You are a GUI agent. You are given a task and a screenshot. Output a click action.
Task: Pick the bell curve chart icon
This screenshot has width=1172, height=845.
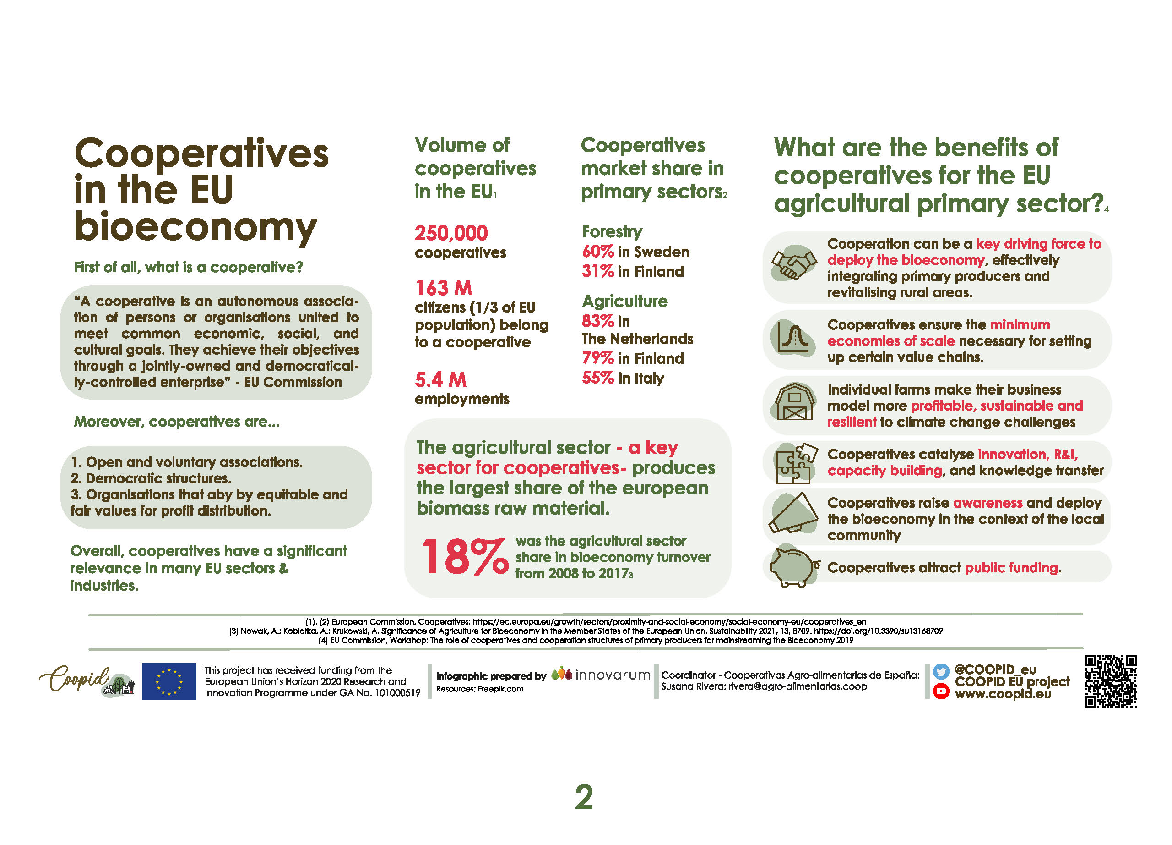[794, 339]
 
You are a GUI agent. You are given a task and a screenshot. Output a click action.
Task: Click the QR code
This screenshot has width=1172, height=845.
[1111, 680]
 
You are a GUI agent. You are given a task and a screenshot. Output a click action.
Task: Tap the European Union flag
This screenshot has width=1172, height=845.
[169, 681]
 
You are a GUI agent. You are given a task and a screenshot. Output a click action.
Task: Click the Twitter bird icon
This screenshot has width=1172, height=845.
[941, 671]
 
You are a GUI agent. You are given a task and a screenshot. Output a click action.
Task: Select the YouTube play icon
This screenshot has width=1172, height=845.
[941, 691]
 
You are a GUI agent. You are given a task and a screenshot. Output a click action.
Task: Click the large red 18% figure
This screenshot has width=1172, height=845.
[464, 557]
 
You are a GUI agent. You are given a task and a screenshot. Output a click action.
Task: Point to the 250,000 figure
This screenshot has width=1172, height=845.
[451, 233]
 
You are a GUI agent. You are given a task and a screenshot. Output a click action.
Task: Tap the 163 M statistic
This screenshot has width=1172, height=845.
[443, 288]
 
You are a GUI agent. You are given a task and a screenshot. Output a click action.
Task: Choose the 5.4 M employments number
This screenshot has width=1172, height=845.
[440, 379]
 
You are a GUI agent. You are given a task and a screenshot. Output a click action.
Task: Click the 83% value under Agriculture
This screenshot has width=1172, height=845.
[597, 321]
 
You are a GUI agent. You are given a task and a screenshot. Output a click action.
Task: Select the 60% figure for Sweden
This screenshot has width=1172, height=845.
[597, 252]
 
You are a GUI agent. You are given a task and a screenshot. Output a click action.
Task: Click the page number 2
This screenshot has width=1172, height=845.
[584, 797]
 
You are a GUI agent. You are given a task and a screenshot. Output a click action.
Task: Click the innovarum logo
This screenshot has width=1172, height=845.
[601, 675]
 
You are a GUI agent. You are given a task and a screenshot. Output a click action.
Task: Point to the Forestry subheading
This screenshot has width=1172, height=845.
[612, 232]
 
